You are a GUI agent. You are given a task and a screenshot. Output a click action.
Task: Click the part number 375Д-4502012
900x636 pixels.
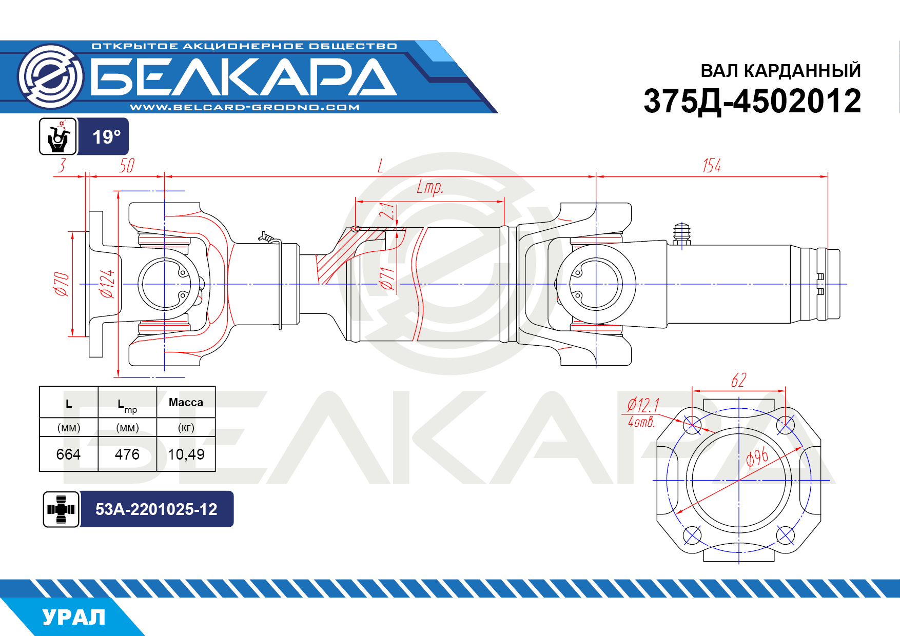tap(752, 101)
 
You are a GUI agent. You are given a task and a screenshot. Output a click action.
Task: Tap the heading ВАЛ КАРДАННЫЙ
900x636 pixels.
tap(780, 71)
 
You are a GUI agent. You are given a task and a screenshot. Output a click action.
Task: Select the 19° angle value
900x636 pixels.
tap(106, 137)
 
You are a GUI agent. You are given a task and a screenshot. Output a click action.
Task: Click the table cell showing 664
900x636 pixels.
tap(68, 454)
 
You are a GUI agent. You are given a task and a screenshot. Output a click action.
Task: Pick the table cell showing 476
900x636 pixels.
tap(127, 454)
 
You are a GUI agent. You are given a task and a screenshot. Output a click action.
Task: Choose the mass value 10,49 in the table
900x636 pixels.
tap(186, 454)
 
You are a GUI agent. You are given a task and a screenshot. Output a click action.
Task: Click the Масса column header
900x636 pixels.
tap(186, 403)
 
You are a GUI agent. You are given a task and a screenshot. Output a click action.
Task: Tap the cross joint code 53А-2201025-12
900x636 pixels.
tap(156, 509)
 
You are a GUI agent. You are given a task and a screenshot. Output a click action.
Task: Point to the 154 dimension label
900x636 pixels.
tap(712, 166)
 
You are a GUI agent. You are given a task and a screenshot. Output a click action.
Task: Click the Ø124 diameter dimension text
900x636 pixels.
tap(107, 284)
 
